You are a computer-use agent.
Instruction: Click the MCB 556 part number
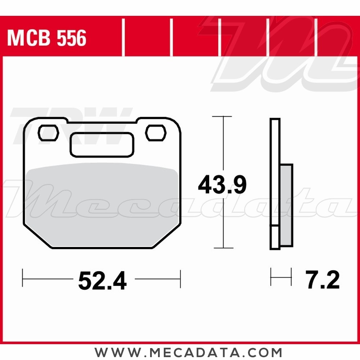pos(47,38)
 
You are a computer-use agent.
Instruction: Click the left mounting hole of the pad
pos(48,133)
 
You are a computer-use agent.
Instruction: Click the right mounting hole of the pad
pos(156,133)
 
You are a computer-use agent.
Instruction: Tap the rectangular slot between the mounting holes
pos(102,145)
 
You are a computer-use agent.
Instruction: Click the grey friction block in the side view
pos(286,205)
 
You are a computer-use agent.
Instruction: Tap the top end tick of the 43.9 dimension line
pos(222,117)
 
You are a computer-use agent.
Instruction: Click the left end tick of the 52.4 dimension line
pos(23,278)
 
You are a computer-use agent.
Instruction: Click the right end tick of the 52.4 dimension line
pos(180,278)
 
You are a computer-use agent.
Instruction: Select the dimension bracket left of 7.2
pos(281,277)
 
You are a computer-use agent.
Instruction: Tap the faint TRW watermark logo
pos(72,124)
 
